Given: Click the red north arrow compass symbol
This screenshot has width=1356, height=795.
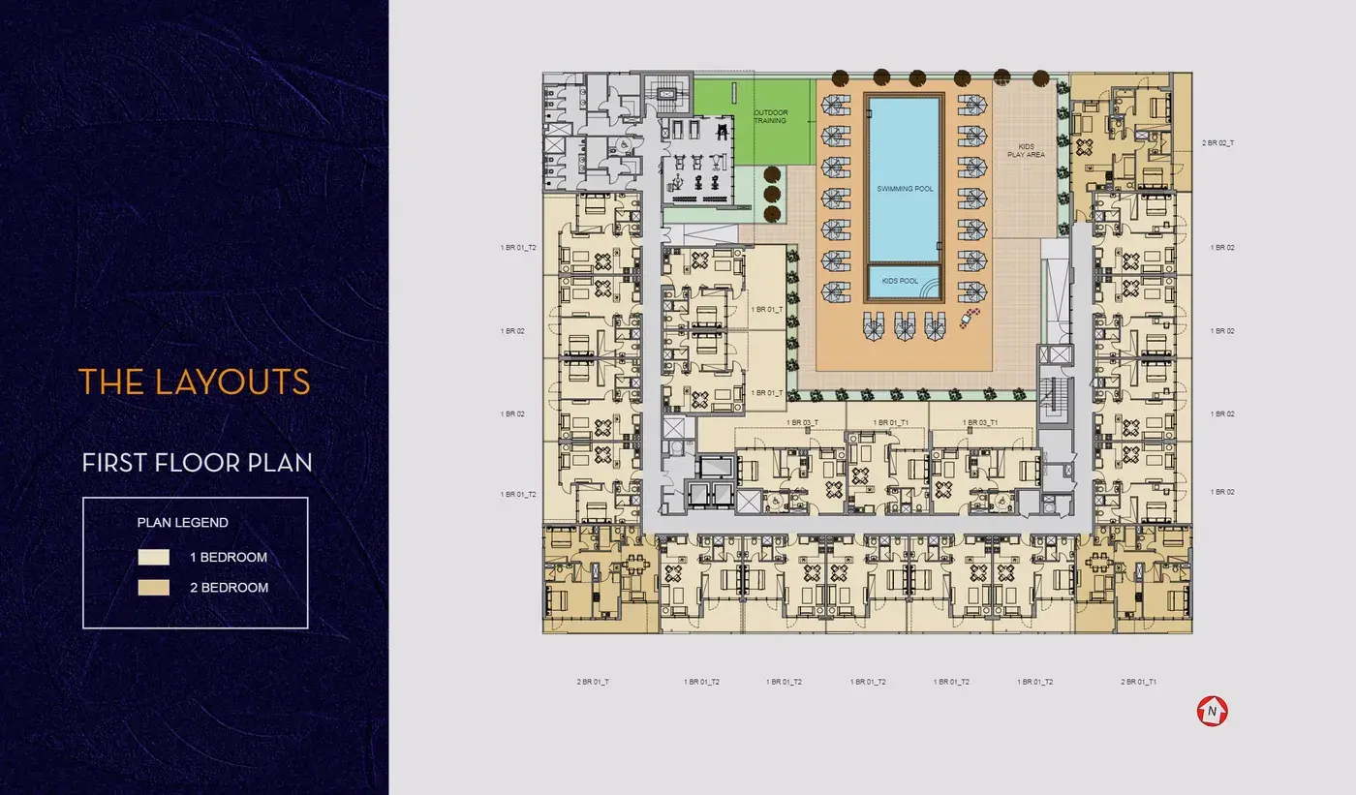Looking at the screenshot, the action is click(1212, 711).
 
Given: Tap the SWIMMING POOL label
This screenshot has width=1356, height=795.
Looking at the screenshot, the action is click(905, 189).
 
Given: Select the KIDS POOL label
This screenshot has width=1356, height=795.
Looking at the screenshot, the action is click(900, 281).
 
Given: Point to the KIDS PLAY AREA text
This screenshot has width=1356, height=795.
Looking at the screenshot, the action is click(1026, 151).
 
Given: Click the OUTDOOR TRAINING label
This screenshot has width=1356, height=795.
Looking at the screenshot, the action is click(771, 117).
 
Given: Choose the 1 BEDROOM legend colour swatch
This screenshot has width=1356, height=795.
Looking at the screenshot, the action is click(154, 557).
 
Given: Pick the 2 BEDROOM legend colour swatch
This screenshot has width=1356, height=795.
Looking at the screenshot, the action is click(154, 588).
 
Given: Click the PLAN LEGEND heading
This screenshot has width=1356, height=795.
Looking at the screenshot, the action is click(183, 523).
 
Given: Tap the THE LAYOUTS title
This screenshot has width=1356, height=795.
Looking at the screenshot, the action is click(195, 382).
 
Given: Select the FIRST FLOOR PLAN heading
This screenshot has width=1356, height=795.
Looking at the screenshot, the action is click(198, 463).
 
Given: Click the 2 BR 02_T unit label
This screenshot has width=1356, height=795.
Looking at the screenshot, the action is click(1218, 143).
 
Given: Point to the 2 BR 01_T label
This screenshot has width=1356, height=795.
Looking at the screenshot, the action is click(593, 682).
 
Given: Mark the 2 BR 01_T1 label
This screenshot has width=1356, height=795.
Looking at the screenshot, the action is click(1139, 682).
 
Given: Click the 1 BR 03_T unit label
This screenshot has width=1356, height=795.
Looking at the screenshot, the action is click(803, 423).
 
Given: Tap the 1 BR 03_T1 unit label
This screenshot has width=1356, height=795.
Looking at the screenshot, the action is click(980, 423).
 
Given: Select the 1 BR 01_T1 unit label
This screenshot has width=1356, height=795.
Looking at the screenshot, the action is click(891, 423).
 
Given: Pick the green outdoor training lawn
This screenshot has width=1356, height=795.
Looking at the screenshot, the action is click(754, 122).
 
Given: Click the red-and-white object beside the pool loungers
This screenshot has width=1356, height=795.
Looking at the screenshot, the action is click(970, 318).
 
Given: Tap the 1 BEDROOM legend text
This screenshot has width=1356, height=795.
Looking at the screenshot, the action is click(229, 557).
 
